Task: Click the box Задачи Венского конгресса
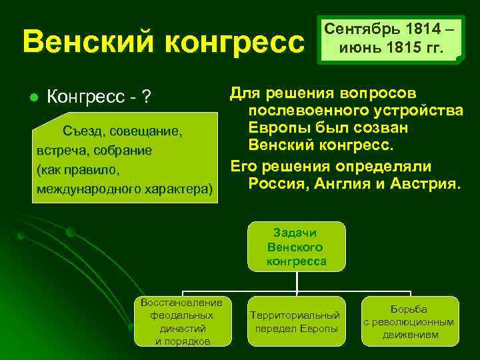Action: pos(297,247)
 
